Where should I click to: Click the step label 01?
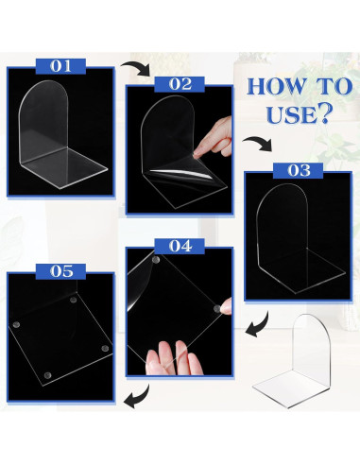tap(60, 66)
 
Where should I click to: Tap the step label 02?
tap(179, 83)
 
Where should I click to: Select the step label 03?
tap(299, 171)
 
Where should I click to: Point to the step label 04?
tap(180, 246)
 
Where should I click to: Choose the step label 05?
tap(62, 270)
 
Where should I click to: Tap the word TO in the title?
tap(333, 87)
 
